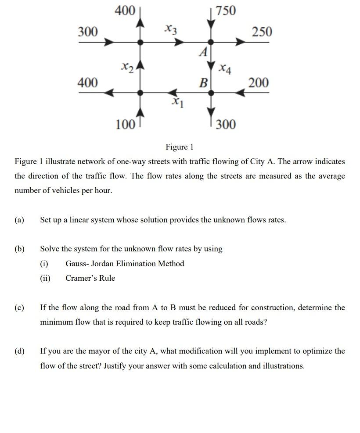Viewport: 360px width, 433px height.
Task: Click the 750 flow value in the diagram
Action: pos(227,11)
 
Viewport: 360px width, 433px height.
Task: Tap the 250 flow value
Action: pos(262,32)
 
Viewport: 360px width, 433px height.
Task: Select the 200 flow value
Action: pos(259,82)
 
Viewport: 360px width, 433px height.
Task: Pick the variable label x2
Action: pos(127,67)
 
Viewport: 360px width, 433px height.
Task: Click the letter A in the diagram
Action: pos(203,53)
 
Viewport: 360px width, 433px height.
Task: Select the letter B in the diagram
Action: pos(203,82)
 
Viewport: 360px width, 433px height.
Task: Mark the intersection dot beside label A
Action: pos(211,42)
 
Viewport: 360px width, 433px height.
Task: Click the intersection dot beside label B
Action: pos(211,93)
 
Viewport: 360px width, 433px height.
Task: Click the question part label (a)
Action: pos(19,220)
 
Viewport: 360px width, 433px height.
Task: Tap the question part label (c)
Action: pos(19,308)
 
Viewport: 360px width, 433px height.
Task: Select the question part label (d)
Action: pos(19,351)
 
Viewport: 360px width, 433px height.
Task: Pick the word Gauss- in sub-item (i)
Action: pos(79,264)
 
